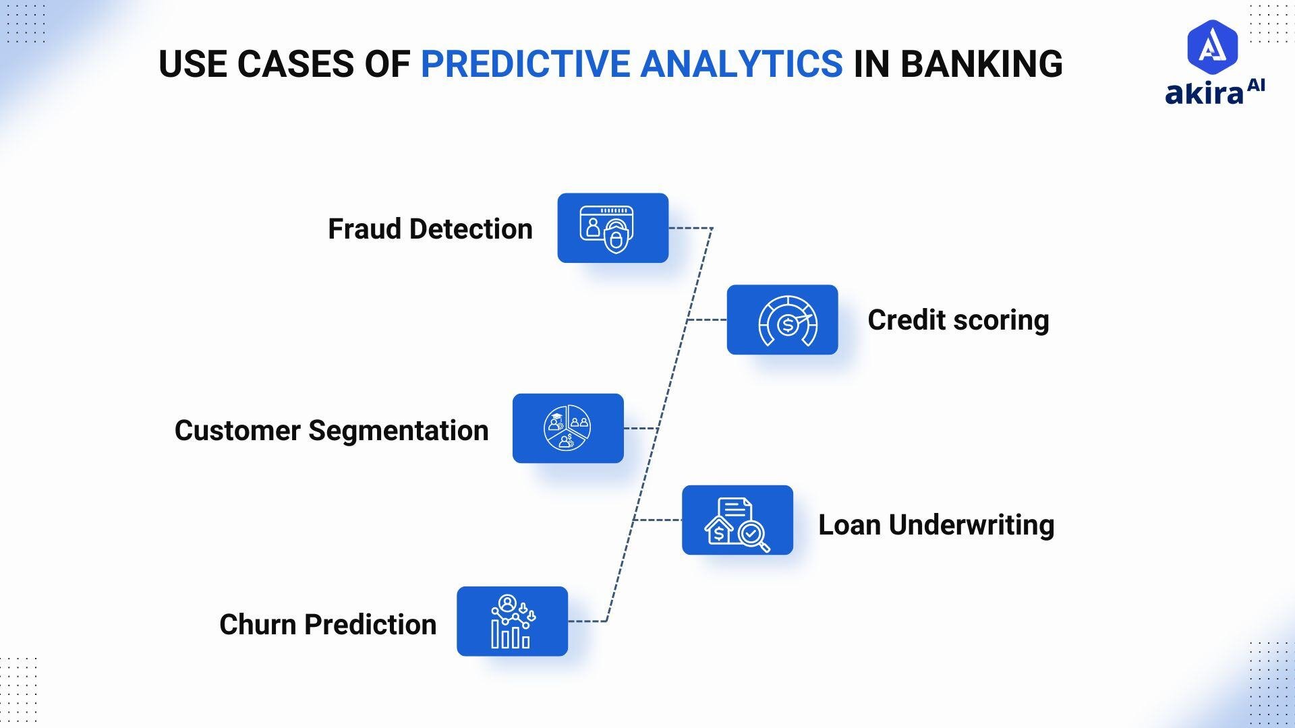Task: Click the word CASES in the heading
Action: coord(295,64)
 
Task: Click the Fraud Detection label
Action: coord(430,229)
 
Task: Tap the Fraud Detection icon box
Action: coord(612,228)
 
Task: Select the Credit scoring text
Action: coord(958,320)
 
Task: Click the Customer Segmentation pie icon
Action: coord(567,428)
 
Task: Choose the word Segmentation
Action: coord(398,431)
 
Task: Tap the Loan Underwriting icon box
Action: coord(737,520)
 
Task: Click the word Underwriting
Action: coord(971,525)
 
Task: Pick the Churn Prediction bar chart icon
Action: coord(512,621)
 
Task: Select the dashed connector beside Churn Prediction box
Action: coord(587,621)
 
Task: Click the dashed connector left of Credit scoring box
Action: coord(707,320)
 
